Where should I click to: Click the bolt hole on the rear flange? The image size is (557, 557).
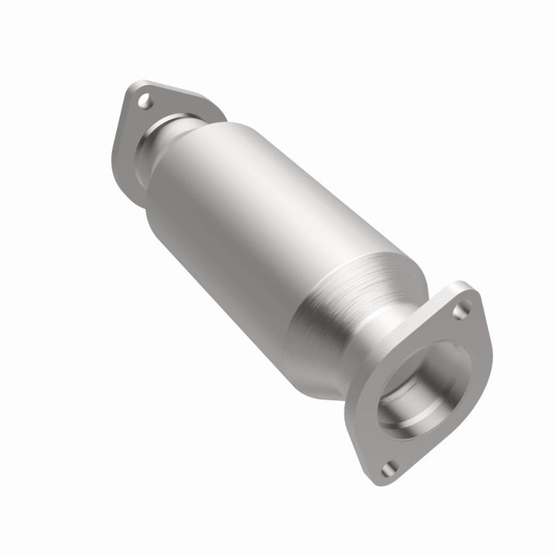144,100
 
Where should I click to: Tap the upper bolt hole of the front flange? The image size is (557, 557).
461,310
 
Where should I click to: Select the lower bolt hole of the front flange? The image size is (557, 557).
389,466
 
